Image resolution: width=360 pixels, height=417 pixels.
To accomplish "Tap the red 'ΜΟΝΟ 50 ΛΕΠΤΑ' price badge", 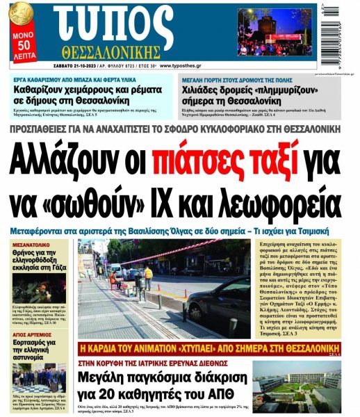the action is click(x=21, y=40).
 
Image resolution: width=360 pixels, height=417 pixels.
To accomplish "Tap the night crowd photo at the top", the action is click(x=275, y=32).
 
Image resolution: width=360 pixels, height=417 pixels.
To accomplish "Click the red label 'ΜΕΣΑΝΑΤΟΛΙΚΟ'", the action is click(x=35, y=245).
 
